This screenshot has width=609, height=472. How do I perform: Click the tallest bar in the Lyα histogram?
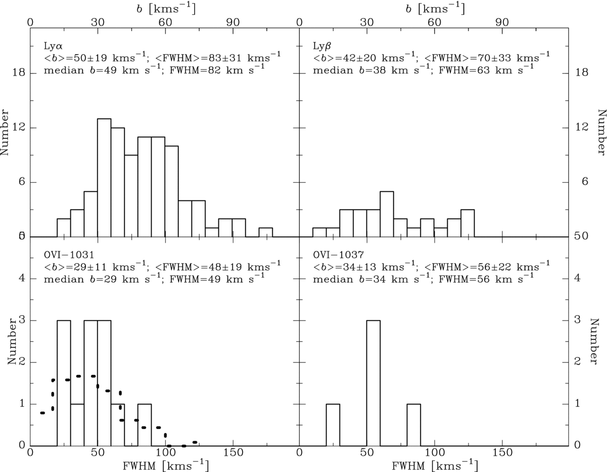click(x=104, y=178)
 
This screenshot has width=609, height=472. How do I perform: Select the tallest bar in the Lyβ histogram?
click(x=387, y=214)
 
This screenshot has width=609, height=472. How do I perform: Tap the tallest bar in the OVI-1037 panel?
click(x=373, y=383)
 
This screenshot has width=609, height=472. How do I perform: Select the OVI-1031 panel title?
click(x=69, y=255)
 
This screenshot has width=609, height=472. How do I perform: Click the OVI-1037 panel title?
click(x=338, y=255)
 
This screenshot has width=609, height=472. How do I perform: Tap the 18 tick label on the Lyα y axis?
click(x=19, y=73)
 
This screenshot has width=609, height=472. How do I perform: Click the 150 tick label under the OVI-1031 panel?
click(x=232, y=452)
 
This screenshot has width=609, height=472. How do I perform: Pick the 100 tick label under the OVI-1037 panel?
click(x=435, y=452)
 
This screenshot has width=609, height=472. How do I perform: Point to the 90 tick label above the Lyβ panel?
click(x=502, y=22)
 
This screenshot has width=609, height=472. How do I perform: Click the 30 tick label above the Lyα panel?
click(x=98, y=22)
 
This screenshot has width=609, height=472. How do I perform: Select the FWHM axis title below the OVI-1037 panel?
click(x=435, y=465)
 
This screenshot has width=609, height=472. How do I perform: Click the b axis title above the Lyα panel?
click(x=166, y=9)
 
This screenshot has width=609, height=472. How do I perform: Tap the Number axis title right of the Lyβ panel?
click(x=602, y=132)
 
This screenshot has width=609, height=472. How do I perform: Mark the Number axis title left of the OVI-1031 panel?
click(x=12, y=342)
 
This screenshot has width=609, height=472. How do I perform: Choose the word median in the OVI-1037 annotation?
click(x=333, y=279)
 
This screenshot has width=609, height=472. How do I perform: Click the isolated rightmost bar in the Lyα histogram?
click(x=266, y=232)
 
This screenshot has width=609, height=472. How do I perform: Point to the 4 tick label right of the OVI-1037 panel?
click(x=577, y=278)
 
